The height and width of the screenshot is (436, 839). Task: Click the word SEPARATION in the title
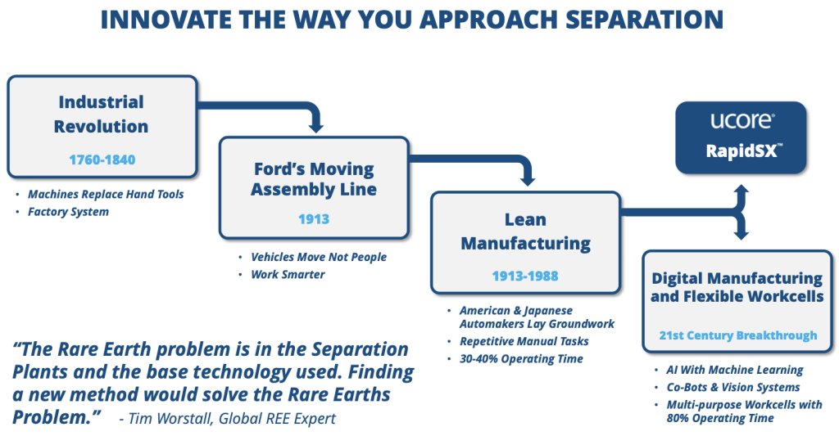point(645,20)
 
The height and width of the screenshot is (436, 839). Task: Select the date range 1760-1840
point(102,160)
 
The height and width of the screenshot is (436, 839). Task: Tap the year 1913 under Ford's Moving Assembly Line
point(314,218)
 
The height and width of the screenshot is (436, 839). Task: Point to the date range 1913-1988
point(525,276)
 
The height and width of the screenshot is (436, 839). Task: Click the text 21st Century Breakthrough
point(738,335)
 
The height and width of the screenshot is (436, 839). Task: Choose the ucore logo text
point(741,121)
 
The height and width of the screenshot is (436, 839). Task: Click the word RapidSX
point(742,151)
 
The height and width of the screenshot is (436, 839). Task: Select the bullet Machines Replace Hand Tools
point(106,195)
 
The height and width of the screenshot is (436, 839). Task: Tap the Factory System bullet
point(69,212)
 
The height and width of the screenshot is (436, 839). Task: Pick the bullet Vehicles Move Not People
point(319,257)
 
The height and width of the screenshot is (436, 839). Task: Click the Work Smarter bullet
point(288,275)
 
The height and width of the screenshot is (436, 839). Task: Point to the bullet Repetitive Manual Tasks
point(524,341)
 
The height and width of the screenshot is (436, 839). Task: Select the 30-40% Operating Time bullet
point(522,359)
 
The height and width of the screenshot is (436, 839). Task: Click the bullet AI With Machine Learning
point(735,370)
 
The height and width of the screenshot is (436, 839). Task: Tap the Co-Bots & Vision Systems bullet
point(733,388)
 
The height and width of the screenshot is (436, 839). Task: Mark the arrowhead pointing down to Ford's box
point(316,127)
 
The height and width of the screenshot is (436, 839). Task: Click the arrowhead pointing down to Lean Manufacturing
point(528,181)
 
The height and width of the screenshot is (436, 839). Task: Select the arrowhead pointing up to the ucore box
point(741,190)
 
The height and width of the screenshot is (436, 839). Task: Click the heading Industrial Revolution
point(101,114)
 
